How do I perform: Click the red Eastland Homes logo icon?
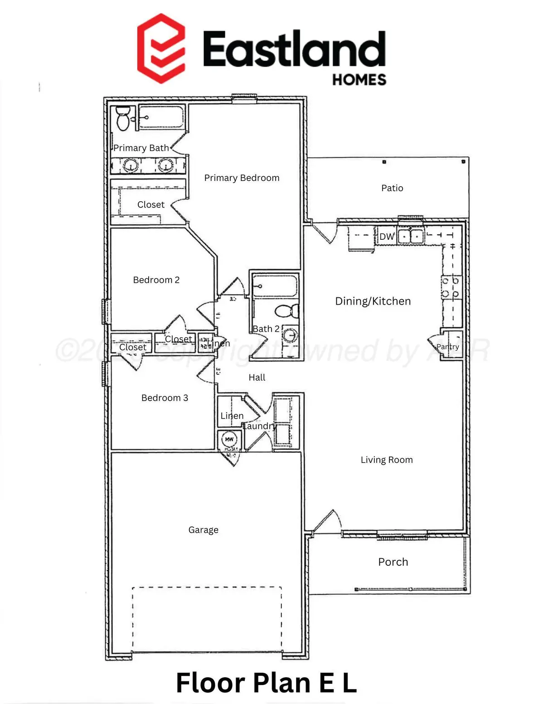click(161, 48)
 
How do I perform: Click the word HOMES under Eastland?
click(359, 80)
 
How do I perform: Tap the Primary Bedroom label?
click(242, 178)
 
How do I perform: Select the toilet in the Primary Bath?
click(123, 118)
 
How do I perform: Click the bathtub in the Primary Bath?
click(161, 118)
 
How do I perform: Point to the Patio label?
click(392, 188)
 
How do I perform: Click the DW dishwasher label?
click(387, 237)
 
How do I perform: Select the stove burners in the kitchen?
click(451, 287)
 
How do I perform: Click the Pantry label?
click(448, 347)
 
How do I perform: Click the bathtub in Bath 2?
click(275, 286)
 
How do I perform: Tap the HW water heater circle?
click(229, 439)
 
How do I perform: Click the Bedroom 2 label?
click(156, 280)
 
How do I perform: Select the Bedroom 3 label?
click(165, 398)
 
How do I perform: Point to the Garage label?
click(203, 530)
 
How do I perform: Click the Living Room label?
click(387, 460)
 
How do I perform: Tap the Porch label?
click(393, 562)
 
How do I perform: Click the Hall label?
click(257, 378)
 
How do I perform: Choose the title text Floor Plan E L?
click(267, 683)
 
